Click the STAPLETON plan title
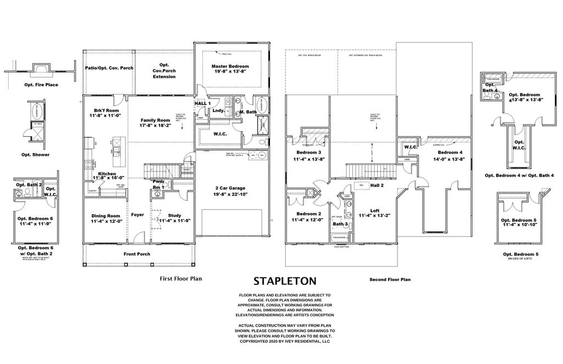pos(284,281)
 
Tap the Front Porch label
pos(136,254)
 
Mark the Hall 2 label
pos(377,186)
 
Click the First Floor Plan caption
pos(180,278)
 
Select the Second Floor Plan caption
pos(390,279)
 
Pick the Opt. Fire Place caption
pos(41,85)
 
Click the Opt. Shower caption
pos(36,155)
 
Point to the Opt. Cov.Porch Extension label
pos(164,70)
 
